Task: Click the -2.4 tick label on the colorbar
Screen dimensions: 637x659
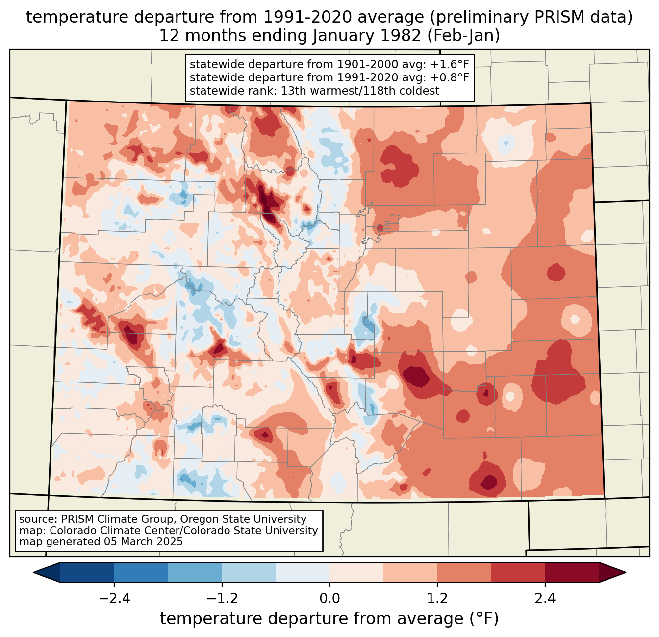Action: pyautogui.click(x=114, y=599)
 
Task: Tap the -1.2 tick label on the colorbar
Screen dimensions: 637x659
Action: pyautogui.click(x=222, y=599)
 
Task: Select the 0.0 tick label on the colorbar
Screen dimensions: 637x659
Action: pyautogui.click(x=329, y=599)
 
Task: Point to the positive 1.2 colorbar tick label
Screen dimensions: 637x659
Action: pyautogui.click(x=437, y=599)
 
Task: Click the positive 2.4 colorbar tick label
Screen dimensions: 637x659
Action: pyautogui.click(x=545, y=599)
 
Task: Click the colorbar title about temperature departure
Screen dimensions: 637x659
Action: pyautogui.click(x=329, y=619)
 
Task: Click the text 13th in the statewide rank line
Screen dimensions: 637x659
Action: pyautogui.click(x=293, y=91)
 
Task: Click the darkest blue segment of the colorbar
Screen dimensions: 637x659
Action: pyautogui.click(x=87, y=572)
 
